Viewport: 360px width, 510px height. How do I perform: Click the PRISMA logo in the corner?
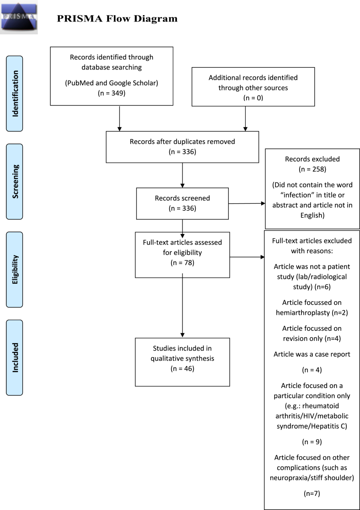click(x=19, y=17)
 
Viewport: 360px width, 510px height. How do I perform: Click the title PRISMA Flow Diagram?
click(x=117, y=19)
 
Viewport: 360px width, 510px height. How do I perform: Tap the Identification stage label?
click(x=15, y=94)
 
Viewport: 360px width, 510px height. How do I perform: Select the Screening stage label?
click(x=15, y=181)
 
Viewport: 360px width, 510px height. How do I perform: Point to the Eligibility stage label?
click(x=15, y=270)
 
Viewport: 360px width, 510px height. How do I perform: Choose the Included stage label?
click(x=15, y=358)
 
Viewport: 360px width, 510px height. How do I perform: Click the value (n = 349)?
click(x=112, y=93)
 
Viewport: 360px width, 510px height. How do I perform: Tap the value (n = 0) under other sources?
click(x=253, y=98)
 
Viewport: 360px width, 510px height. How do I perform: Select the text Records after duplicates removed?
click(x=182, y=142)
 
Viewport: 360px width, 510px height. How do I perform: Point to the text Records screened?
click(x=182, y=198)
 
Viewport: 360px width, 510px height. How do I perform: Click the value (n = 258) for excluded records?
click(x=312, y=169)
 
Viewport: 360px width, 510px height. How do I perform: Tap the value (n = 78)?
click(x=182, y=262)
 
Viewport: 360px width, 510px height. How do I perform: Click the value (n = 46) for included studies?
click(x=182, y=368)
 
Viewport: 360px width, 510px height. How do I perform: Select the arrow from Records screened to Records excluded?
click(x=247, y=204)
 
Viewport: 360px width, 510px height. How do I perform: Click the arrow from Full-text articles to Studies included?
click(x=182, y=305)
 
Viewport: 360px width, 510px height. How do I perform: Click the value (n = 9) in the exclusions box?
click(x=312, y=442)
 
